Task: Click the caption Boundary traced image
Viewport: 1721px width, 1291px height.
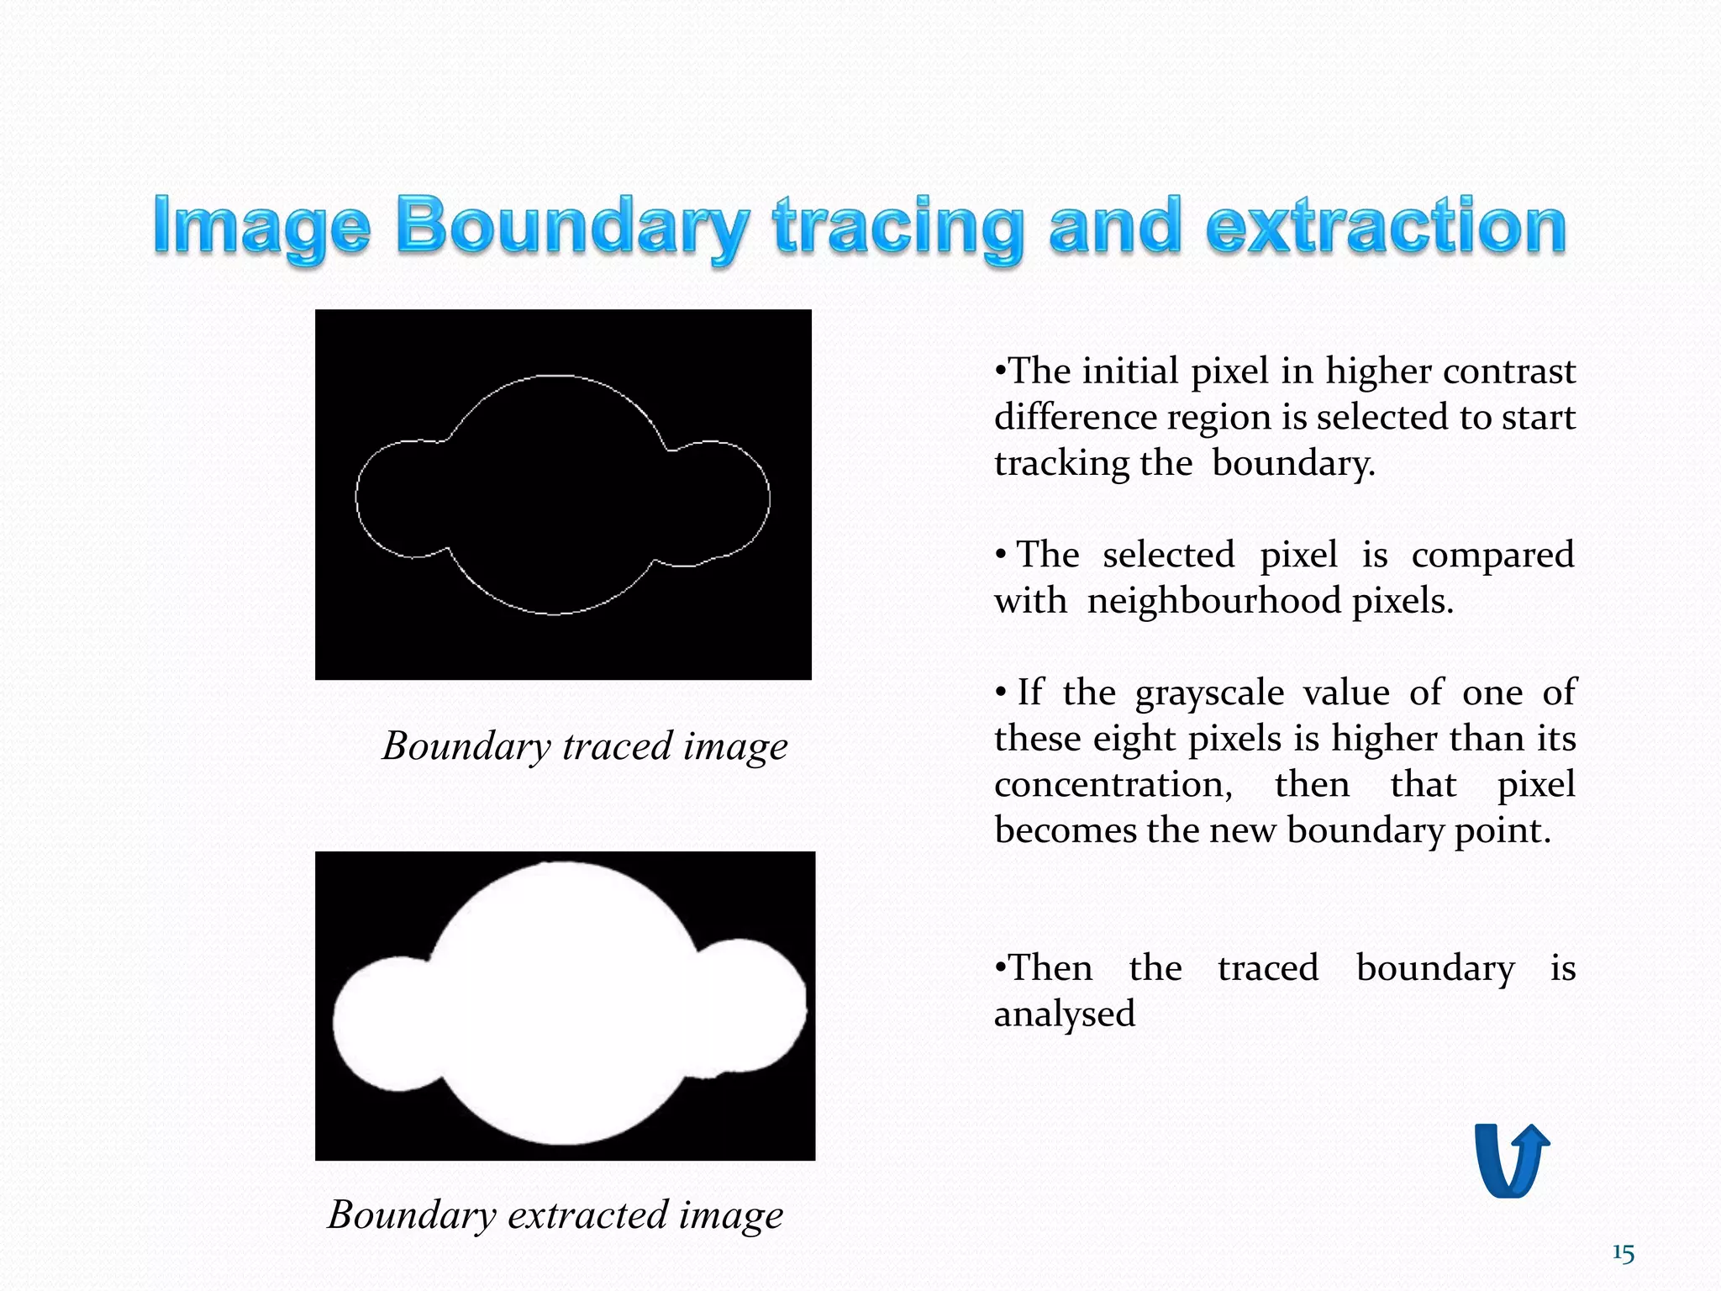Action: [x=585, y=746]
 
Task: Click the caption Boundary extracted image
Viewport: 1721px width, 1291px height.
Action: [x=555, y=1215]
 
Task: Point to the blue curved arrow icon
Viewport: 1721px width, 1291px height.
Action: [x=1512, y=1160]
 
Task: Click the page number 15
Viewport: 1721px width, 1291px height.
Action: [x=1624, y=1254]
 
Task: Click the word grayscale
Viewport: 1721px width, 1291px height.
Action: [x=1209, y=693]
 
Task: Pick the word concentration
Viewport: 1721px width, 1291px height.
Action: [x=1113, y=785]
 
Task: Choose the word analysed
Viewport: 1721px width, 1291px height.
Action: [x=1065, y=1014]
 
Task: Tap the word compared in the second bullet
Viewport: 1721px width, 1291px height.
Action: [x=1492, y=556]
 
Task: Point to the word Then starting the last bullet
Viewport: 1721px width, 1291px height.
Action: [x=1050, y=968]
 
